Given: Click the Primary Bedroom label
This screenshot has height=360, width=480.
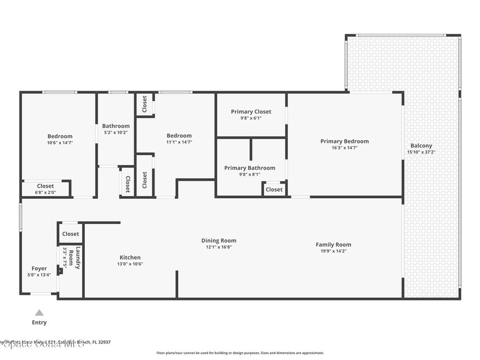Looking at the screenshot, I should coord(344,141).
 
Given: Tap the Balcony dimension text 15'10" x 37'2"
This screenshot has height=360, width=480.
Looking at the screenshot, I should coord(421,152).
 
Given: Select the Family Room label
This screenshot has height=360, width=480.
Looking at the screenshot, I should coord(333,245).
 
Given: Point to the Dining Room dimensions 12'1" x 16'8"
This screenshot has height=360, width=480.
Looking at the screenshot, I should coord(218,247).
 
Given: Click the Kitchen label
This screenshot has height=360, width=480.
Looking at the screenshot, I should coord(130,257).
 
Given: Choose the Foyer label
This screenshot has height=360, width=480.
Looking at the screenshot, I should coord(39,269).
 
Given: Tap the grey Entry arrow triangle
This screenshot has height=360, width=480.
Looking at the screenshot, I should coord(39,313).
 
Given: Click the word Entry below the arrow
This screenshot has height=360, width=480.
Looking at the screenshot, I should coord(39,322).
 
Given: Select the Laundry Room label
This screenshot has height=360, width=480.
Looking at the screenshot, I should coord(75,257).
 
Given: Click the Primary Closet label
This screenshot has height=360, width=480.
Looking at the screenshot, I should coord(251,112).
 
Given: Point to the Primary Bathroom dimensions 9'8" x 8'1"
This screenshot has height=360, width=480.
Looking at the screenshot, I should coord(249,174).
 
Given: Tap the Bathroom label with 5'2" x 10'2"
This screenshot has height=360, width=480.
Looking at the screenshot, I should coord(116,126).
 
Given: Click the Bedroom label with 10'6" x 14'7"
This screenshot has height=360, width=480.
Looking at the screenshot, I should coord(60,136).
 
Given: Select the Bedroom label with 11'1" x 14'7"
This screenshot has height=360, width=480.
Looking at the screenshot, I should coord(179,136).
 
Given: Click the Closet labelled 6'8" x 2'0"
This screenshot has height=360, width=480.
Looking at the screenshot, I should coord(45,186).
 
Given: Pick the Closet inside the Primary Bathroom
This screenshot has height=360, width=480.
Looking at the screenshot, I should coord(274,189).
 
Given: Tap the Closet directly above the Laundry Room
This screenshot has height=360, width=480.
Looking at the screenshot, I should coord(70,234).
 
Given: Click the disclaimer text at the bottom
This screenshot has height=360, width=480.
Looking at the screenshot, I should coord(240,353).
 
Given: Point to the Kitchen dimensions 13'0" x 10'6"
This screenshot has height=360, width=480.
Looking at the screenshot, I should coord(130,264).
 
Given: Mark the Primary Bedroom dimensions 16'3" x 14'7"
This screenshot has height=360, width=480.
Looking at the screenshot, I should coord(344,148).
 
